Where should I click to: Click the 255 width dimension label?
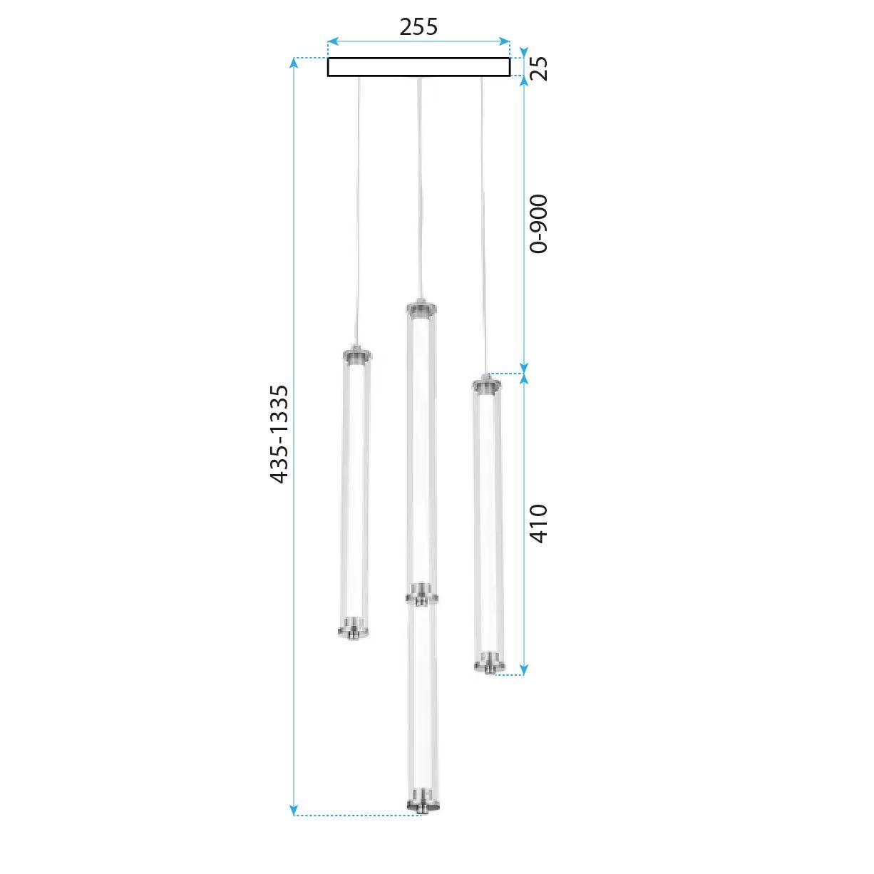pyautogui.click(x=418, y=27)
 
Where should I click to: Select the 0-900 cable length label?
pyautogui.click(x=539, y=224)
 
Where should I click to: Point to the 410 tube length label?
pyautogui.click(x=539, y=523)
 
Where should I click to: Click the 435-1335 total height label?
pyautogui.click(x=279, y=434)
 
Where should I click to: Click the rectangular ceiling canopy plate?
pyautogui.click(x=418, y=67)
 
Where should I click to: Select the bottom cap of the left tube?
pyautogui.click(x=354, y=628)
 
